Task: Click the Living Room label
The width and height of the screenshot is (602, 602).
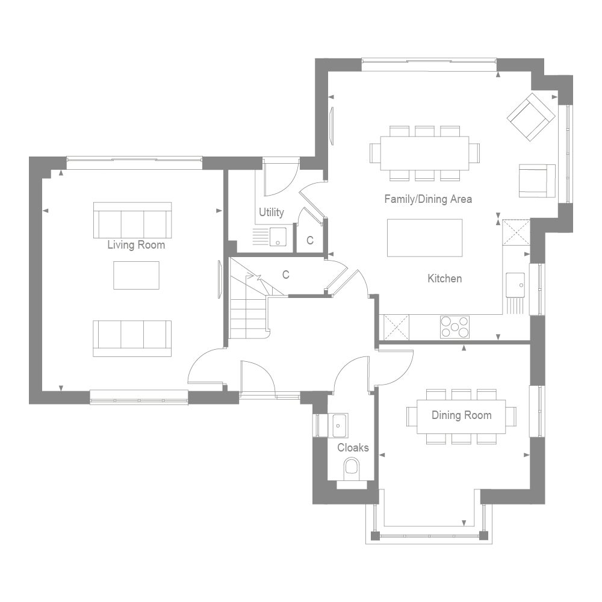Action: [x=136, y=245]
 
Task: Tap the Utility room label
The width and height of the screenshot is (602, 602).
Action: [x=272, y=213]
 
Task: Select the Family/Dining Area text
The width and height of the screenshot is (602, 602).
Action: [x=428, y=199]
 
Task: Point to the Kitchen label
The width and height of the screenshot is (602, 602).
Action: [x=445, y=278]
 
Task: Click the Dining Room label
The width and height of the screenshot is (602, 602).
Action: [x=461, y=415]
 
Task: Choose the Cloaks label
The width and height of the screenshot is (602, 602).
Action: [x=353, y=447]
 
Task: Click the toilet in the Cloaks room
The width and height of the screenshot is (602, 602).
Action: [x=351, y=468]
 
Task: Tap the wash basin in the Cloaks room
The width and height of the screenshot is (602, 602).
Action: [x=339, y=424]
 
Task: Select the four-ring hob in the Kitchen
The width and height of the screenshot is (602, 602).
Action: [x=455, y=327]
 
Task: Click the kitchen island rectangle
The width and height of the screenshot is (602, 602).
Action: [x=424, y=238]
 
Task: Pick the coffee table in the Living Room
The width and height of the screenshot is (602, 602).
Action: [x=136, y=275]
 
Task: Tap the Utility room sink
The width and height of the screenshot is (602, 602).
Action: [x=278, y=237]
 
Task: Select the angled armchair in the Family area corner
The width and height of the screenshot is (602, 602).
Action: [x=530, y=117]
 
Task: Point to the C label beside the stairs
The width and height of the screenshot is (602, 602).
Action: [x=286, y=275]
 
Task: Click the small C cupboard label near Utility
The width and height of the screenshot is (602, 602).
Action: [x=310, y=240]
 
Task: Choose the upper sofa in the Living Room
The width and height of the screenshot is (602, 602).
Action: [x=132, y=220]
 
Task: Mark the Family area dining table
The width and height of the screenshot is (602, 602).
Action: [x=424, y=153]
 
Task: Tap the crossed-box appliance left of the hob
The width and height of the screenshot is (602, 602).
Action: [x=397, y=327]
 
